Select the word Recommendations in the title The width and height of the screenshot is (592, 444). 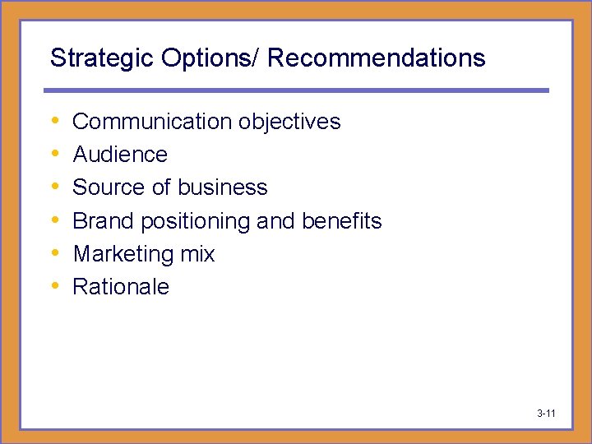[377, 58]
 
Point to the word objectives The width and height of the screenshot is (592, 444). [289, 122]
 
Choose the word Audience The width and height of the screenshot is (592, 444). [120, 155]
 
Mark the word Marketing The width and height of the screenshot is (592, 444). [123, 255]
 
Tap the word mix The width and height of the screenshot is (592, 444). [197, 254]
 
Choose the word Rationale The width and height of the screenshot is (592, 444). [121, 287]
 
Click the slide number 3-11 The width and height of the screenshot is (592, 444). [546, 413]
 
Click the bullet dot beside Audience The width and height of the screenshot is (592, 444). [54, 155]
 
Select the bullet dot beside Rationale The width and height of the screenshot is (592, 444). [54, 287]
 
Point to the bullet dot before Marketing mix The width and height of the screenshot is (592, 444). [54, 254]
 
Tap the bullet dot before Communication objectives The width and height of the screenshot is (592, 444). [54, 122]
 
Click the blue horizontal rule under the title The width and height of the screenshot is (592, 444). [296, 90]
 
